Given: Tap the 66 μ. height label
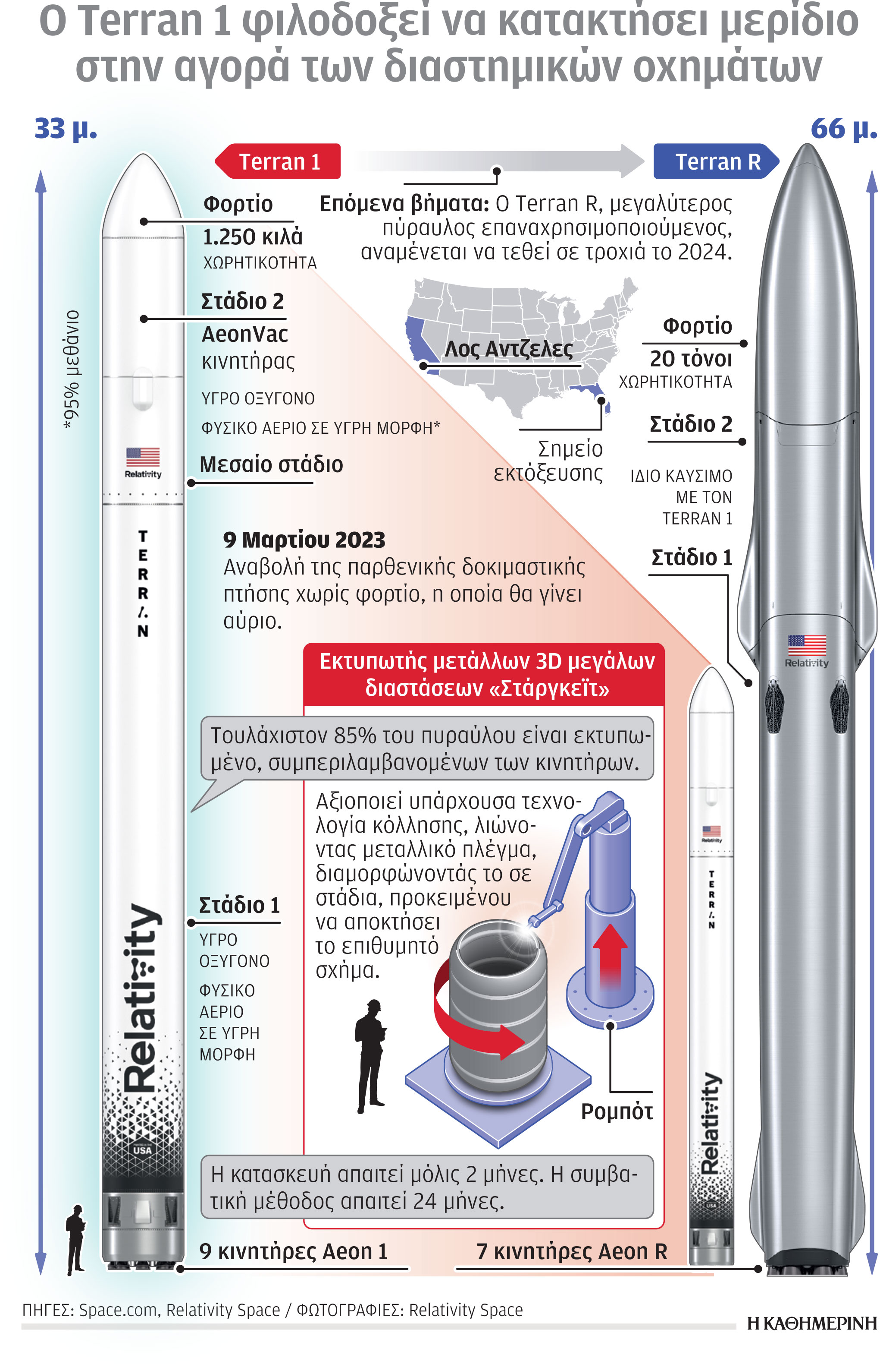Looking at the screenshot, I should [x=843, y=129].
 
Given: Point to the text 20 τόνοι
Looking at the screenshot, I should [x=691, y=359].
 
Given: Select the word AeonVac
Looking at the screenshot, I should [x=244, y=334].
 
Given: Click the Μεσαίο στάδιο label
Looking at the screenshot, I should [x=271, y=464].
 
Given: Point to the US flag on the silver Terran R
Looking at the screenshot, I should [x=806, y=645].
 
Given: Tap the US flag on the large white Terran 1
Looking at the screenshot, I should [x=143, y=457].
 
